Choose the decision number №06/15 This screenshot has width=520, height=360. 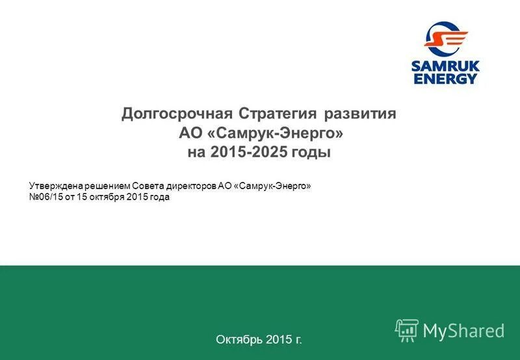point(45,198)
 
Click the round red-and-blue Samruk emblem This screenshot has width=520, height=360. point(446,38)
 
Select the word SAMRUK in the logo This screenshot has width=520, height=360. point(446,66)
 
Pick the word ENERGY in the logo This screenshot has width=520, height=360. point(446,79)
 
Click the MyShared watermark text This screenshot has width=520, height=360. point(463,331)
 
